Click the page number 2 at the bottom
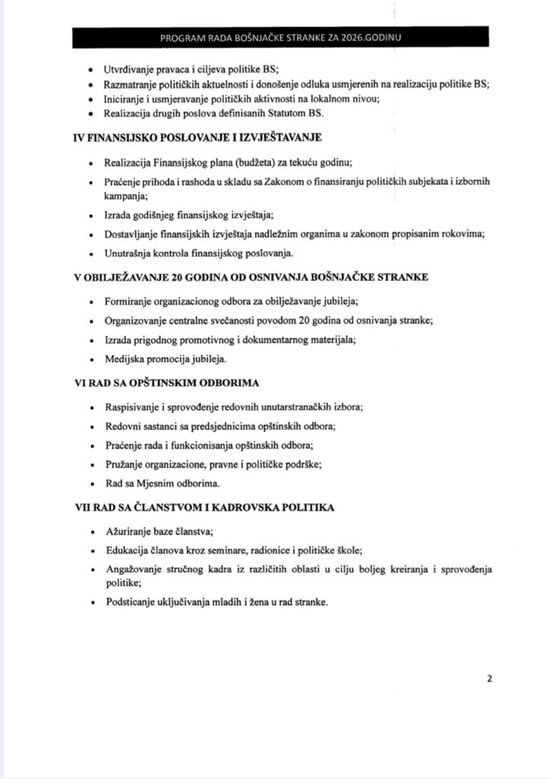tap(490, 679)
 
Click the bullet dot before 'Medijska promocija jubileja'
tap(92, 358)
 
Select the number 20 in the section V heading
tap(181, 277)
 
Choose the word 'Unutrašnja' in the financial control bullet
tap(131, 253)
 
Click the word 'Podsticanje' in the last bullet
tap(131, 602)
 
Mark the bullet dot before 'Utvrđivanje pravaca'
tap(92, 69)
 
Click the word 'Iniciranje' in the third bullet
tap(126, 99)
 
